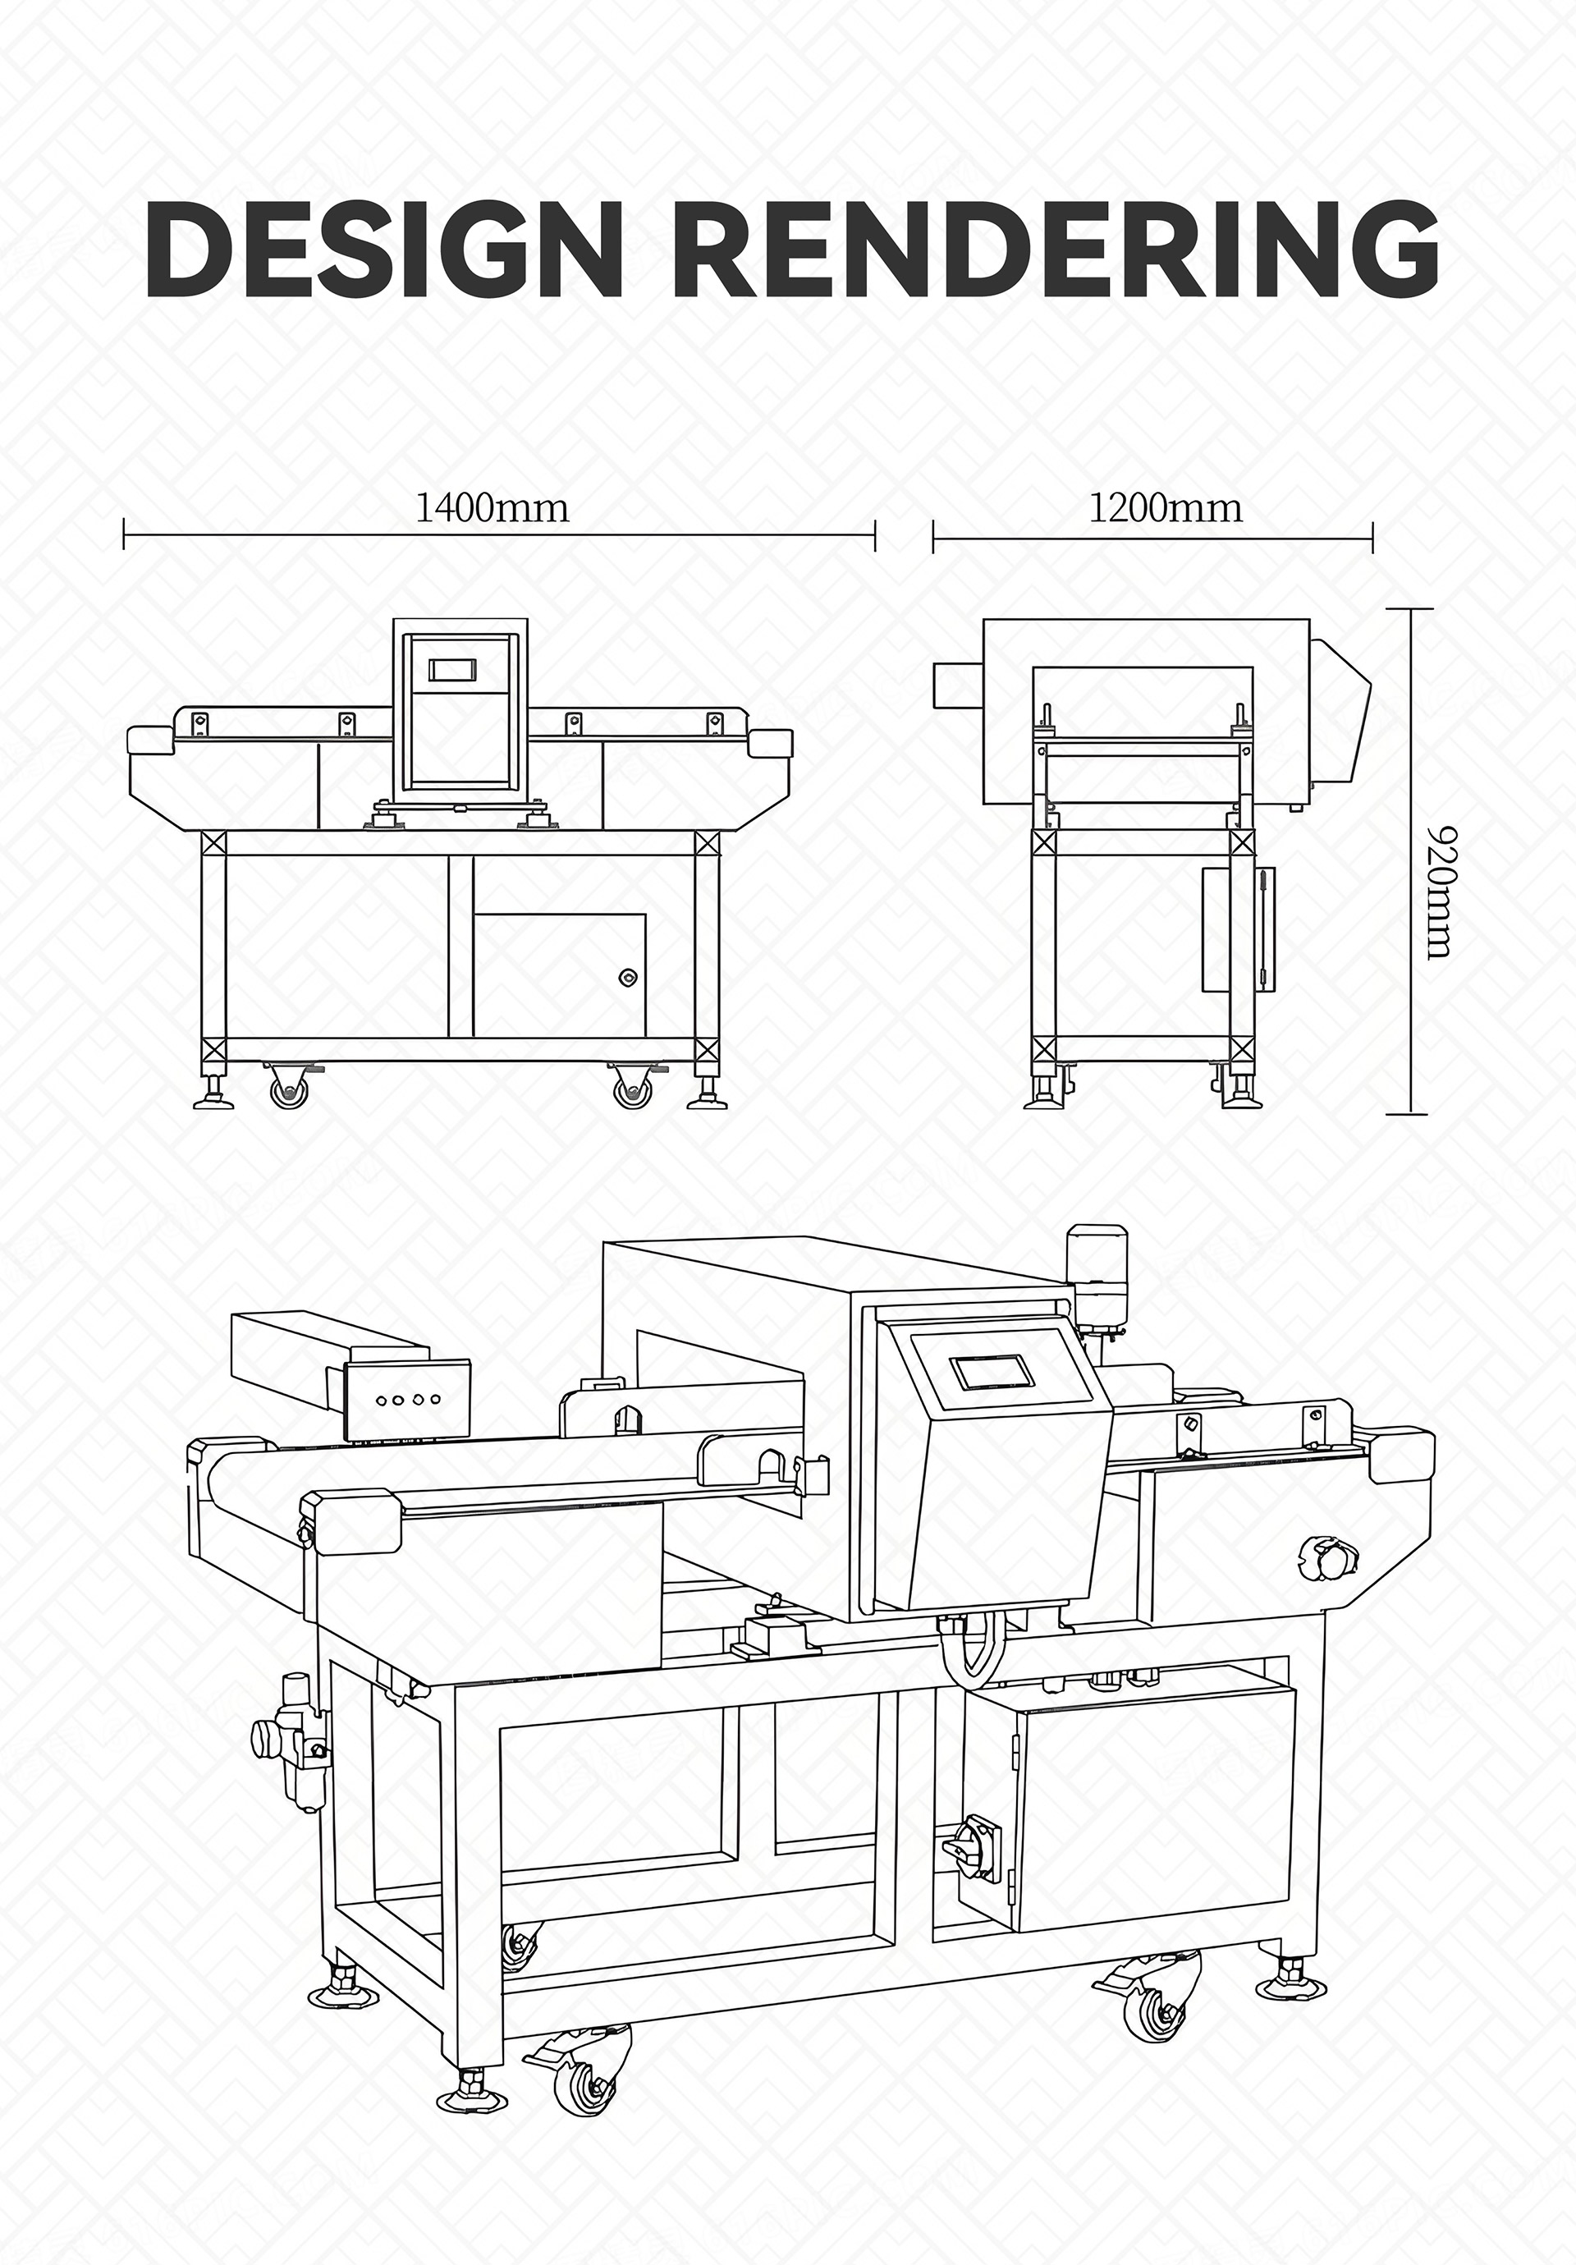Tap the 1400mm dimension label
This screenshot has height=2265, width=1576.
pyautogui.click(x=492, y=508)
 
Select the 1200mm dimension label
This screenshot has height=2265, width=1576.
pyautogui.click(x=1166, y=508)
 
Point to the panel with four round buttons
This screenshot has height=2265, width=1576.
pyautogui.click(x=405, y=1399)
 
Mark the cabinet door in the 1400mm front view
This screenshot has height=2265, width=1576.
pyautogui.click(x=559, y=975)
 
